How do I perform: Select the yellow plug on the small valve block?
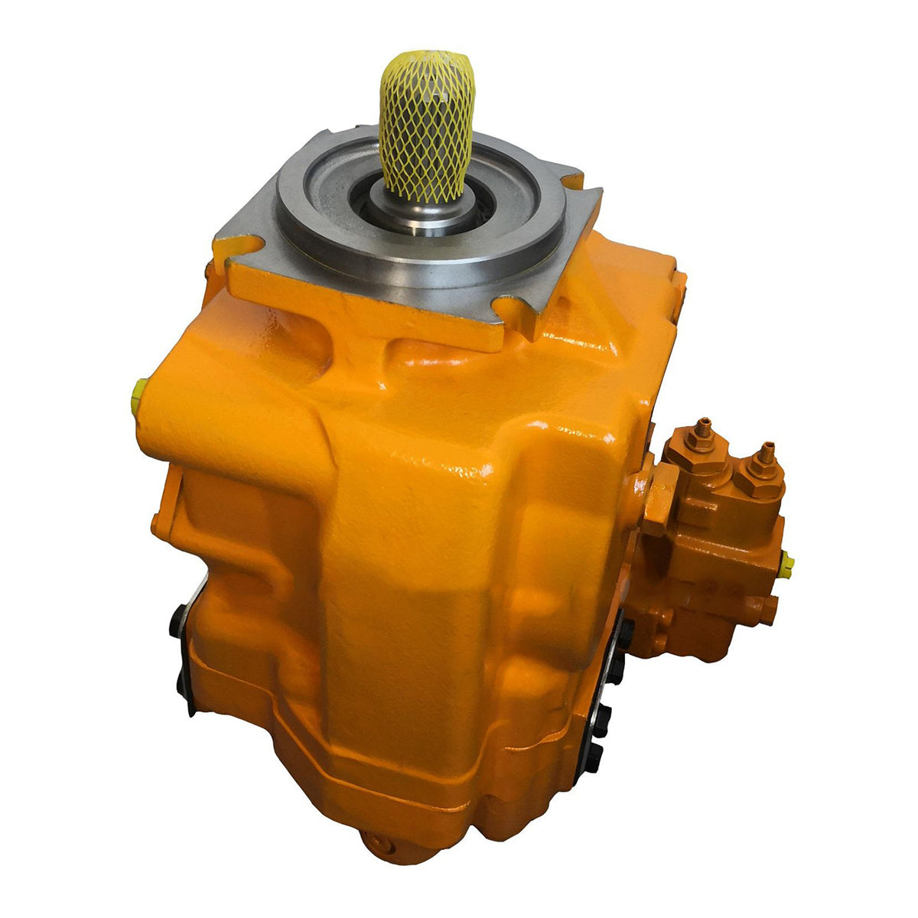787,565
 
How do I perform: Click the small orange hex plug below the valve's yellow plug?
769,608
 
